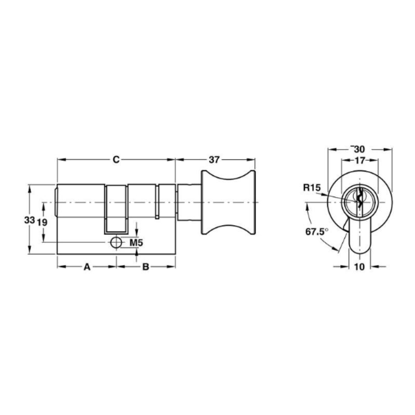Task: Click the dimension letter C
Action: click(x=116, y=160)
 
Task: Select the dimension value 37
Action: click(x=214, y=160)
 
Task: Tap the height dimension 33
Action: click(x=30, y=219)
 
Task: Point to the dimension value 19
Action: click(x=42, y=223)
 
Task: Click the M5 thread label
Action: click(x=136, y=242)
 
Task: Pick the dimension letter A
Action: click(x=87, y=267)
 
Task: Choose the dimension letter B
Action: click(x=146, y=267)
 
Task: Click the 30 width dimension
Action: click(x=359, y=149)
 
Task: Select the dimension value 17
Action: click(x=359, y=160)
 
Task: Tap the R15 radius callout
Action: click(x=312, y=188)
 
